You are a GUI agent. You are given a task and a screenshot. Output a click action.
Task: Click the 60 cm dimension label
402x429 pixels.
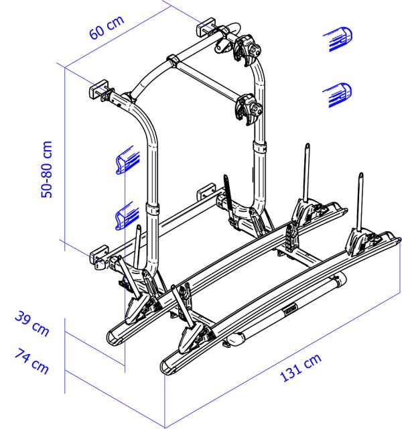pyautogui.click(x=107, y=27)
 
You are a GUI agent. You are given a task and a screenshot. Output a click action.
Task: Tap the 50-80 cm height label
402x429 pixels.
pyautogui.click(x=46, y=169)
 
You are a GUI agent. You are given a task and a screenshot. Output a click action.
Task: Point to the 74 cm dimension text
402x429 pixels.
pyautogui.click(x=32, y=361)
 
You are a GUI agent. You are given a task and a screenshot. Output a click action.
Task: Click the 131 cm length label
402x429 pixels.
pyautogui.click(x=301, y=367)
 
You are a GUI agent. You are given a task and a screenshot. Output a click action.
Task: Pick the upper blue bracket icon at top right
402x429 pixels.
pyautogui.click(x=338, y=39)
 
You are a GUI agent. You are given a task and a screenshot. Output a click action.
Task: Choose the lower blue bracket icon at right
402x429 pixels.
pyautogui.click(x=338, y=95)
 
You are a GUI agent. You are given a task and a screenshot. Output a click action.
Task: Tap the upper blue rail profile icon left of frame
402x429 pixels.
pyautogui.click(x=128, y=160)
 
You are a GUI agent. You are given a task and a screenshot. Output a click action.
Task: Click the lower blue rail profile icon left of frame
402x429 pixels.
pyautogui.click(x=127, y=216)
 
